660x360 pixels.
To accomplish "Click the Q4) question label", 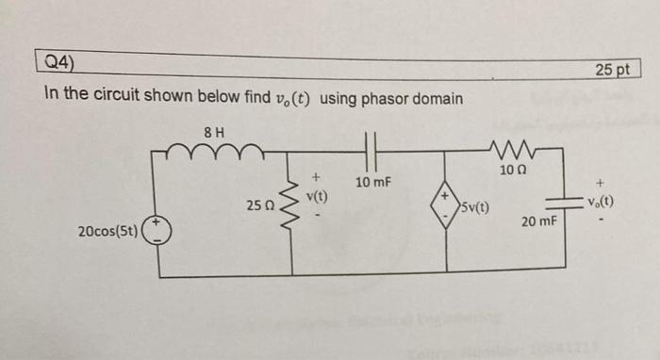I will (x=62, y=64).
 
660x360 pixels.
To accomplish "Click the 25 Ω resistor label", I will (x=260, y=205).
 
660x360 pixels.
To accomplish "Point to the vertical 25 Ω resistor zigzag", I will (x=290, y=204).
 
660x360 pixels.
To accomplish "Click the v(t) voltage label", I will (x=319, y=196).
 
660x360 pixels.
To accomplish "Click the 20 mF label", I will (x=539, y=221).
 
